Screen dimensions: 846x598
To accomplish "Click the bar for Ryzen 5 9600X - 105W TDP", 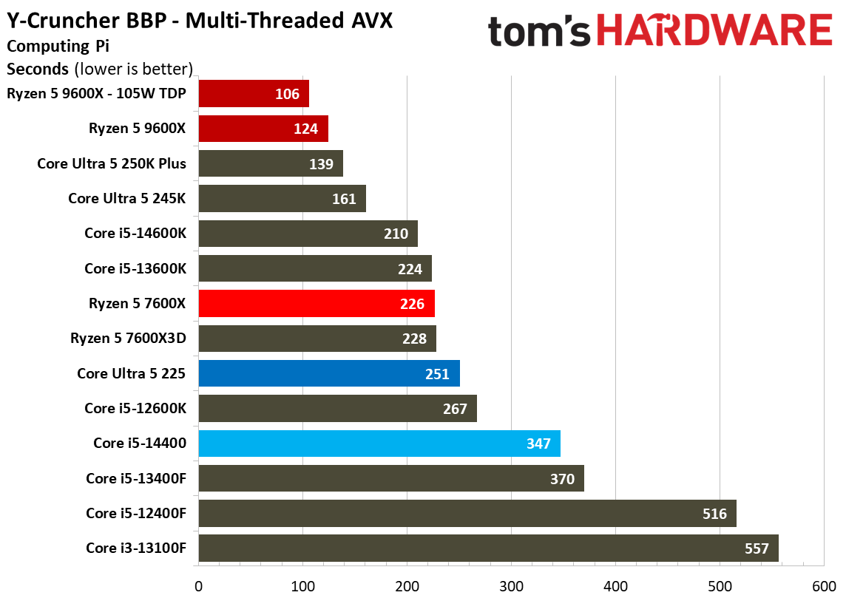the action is [254, 94].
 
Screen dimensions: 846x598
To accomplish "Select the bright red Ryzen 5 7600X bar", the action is [317, 304].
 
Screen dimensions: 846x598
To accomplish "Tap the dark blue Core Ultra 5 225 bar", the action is [329, 373].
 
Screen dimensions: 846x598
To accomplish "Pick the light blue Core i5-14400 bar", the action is [379, 444].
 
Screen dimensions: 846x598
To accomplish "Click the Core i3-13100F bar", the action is [488, 548].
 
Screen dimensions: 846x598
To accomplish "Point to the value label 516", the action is [714, 514].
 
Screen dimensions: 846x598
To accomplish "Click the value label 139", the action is [321, 164].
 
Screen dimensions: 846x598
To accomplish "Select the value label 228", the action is [414, 339].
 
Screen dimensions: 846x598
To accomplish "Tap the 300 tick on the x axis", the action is [511, 586].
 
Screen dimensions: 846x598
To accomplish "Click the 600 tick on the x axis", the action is [824, 586].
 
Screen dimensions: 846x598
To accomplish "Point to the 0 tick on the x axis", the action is [198, 586].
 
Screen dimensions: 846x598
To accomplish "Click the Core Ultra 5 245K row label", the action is [126, 198].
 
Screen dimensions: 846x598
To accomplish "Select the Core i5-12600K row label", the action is [135, 408].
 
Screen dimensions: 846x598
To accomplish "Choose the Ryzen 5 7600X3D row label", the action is [129, 338].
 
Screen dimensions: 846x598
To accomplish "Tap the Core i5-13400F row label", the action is [136, 478].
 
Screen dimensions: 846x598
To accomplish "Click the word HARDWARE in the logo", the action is [714, 30].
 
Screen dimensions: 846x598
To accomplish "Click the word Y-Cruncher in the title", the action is [63, 21].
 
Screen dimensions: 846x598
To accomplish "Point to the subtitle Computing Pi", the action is [58, 47].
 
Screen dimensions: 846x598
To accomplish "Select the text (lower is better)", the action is [133, 69].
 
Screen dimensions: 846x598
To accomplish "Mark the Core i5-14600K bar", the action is [308, 234].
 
